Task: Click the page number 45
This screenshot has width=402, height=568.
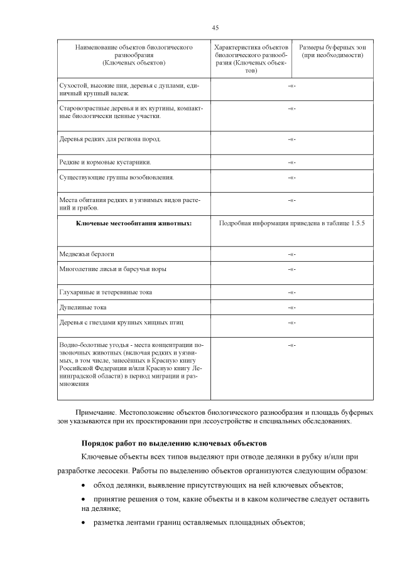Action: [x=215, y=28]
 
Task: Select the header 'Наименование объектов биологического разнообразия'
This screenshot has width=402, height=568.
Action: [x=133, y=51]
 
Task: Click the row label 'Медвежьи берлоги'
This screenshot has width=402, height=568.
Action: [x=87, y=254]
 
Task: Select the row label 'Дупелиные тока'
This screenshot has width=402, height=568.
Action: [x=83, y=308]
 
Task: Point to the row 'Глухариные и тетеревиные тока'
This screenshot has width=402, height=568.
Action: [x=105, y=292]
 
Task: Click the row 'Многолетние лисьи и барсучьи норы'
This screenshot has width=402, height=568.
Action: [x=112, y=269]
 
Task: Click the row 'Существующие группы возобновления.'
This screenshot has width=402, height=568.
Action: [x=116, y=177]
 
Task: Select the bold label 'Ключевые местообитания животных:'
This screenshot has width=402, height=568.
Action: [x=133, y=223]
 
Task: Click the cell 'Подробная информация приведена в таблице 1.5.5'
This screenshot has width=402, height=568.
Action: [x=291, y=223]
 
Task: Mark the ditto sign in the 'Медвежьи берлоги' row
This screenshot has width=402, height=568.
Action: [x=291, y=254]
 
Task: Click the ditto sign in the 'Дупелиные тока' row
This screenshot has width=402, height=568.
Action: [x=291, y=308]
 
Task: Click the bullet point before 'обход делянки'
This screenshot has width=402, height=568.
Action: [x=85, y=486]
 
